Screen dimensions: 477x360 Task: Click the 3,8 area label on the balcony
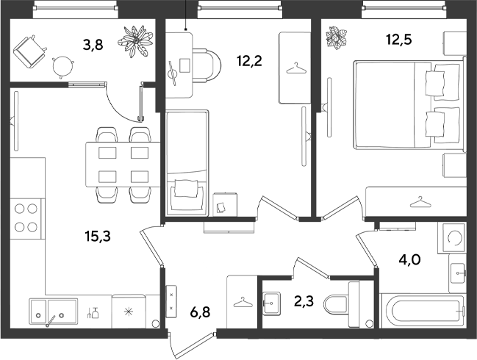[93, 45]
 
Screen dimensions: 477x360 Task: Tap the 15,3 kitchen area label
[98, 236]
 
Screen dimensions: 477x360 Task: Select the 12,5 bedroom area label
[399, 39]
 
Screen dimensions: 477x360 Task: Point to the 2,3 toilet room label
[304, 301]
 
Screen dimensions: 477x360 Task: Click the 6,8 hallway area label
[200, 312]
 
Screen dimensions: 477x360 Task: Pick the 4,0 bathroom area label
[409, 260]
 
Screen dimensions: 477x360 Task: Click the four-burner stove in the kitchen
[26, 218]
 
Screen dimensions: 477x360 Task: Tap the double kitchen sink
[53, 311]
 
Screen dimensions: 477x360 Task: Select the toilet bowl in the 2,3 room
[342, 305]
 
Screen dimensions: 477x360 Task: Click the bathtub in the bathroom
[423, 311]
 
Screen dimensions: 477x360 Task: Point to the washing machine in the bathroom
[451, 237]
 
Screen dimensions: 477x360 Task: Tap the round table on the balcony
[63, 67]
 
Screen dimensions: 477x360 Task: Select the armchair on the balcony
[29, 51]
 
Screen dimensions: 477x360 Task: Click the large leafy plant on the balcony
[135, 42]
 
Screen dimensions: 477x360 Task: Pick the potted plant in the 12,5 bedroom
[336, 37]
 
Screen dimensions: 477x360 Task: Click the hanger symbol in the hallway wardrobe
[243, 302]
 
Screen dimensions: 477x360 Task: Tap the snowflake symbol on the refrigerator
[129, 312]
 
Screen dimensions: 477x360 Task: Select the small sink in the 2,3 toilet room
[271, 303]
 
